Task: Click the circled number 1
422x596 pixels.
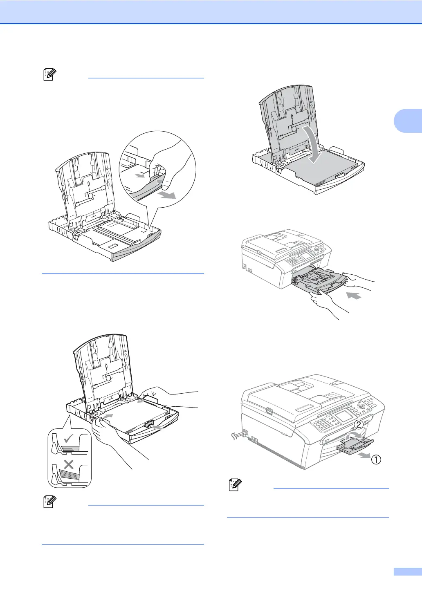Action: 376,459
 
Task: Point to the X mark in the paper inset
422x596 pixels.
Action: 69,464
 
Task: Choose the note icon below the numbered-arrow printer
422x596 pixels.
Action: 234,485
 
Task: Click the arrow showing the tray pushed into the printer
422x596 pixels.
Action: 354,295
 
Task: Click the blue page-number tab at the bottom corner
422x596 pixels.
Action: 407,572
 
